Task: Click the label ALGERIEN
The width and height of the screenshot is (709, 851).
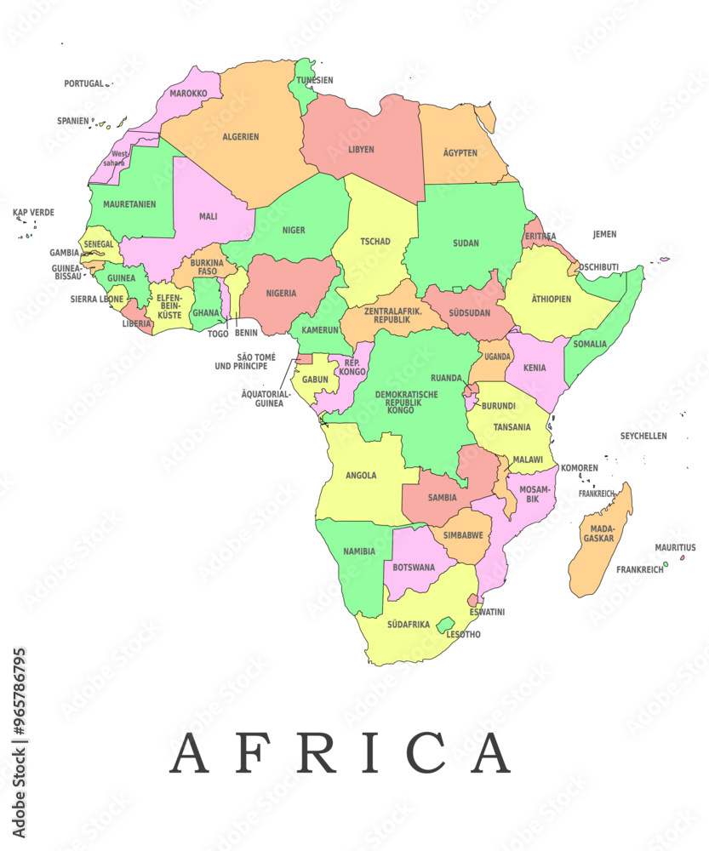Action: pyautogui.click(x=241, y=137)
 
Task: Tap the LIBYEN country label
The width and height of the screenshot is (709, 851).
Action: pyautogui.click(x=361, y=150)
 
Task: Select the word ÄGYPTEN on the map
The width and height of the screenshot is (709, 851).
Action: pyautogui.click(x=460, y=153)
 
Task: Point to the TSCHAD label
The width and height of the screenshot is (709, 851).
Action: pyautogui.click(x=375, y=242)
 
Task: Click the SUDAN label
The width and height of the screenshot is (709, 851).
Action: pyautogui.click(x=466, y=243)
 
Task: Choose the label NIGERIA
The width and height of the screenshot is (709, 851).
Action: pyautogui.click(x=281, y=294)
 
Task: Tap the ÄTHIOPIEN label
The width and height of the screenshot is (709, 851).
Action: pyautogui.click(x=552, y=300)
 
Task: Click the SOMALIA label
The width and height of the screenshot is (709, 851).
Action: pyautogui.click(x=590, y=345)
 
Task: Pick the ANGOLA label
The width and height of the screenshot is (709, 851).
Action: pyautogui.click(x=361, y=476)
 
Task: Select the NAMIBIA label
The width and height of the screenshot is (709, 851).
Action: pyautogui.click(x=358, y=551)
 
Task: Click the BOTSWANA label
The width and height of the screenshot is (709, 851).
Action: pyautogui.click(x=414, y=568)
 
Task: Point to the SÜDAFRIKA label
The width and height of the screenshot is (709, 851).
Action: pyautogui.click(x=409, y=625)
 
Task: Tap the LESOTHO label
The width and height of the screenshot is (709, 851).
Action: pyautogui.click(x=463, y=635)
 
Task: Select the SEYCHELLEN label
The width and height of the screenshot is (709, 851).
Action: pyautogui.click(x=643, y=436)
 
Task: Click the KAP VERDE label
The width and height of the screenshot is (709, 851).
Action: pyautogui.click(x=33, y=212)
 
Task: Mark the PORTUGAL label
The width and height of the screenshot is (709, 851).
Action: pyautogui.click(x=83, y=84)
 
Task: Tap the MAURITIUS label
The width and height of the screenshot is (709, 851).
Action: pyautogui.click(x=675, y=548)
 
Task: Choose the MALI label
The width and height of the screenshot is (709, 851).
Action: pyautogui.click(x=208, y=216)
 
